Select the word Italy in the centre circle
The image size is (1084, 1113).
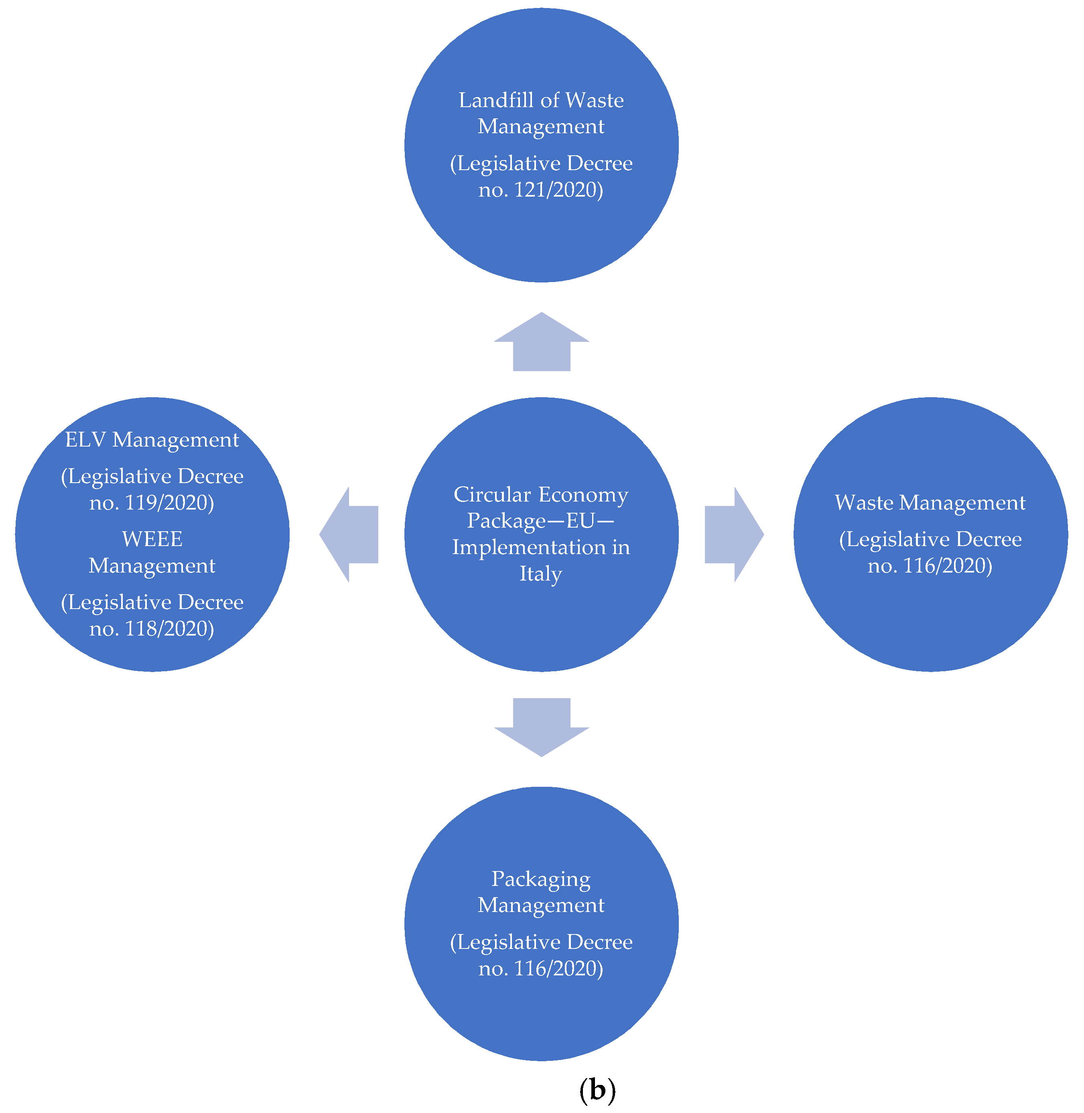point(541,574)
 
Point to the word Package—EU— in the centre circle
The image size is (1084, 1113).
point(541,521)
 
